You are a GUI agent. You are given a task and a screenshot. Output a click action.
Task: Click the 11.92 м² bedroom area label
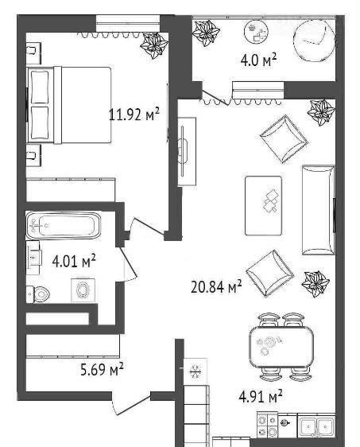pyautogui.click(x=134, y=115)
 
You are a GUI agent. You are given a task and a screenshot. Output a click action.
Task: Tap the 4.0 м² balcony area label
pyautogui.click(x=258, y=60)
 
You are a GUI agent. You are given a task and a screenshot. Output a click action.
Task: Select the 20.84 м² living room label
pyautogui.click(x=216, y=287)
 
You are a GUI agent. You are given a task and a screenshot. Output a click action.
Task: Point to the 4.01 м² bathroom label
pyautogui.click(x=74, y=261)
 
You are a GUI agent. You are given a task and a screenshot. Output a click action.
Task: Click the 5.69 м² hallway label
pyautogui.click(x=102, y=370)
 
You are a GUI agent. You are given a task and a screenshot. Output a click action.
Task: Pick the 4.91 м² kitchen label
pyautogui.click(x=261, y=397)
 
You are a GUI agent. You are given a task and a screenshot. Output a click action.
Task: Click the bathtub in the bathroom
pyautogui.click(x=64, y=226)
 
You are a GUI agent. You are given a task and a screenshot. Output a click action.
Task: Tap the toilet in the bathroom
pyautogui.click(x=38, y=293)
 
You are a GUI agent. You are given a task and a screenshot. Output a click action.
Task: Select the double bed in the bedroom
pyautogui.click(x=69, y=105)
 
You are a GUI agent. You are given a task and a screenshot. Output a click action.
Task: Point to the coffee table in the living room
pyautogui.click(x=264, y=205)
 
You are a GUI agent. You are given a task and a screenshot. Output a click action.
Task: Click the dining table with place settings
pyautogui.click(x=281, y=347)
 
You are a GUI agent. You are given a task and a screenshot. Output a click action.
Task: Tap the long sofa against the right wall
pyautogui.click(x=319, y=209)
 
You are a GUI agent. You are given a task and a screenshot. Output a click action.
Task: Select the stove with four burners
pyautogui.click(x=267, y=425)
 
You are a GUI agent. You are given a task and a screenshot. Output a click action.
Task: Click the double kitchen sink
pyautogui.click(x=316, y=426)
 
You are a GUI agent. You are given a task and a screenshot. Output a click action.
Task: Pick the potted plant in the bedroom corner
pyautogui.click(x=155, y=45)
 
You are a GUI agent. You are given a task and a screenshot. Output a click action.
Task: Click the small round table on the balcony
pyautogui.click(x=257, y=32)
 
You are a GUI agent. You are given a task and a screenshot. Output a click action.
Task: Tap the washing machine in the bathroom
pyautogui.click(x=83, y=290)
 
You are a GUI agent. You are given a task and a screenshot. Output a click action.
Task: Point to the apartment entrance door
pyautogui.click(x=132, y=405)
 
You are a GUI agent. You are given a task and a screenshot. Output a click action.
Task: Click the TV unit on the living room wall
pyautogui.click(x=187, y=151)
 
